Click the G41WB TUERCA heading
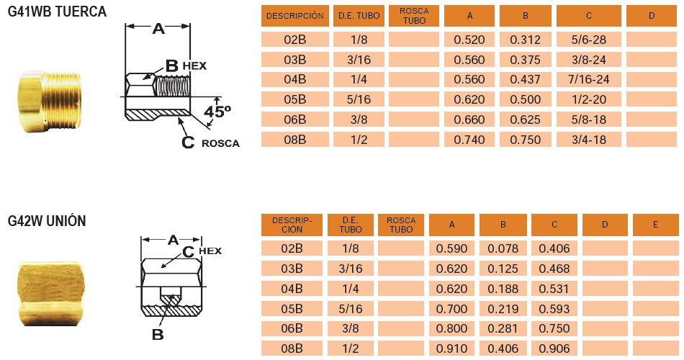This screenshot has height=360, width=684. point(57,12)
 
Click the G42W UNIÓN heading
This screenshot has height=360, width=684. point(47,221)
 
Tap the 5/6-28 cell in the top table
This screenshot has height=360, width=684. point(588,40)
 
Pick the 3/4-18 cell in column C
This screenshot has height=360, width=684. point(588,140)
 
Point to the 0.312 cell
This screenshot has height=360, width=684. point(525,40)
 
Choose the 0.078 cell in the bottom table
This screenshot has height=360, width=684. point(503,249)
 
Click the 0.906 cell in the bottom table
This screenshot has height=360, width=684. point(554,348)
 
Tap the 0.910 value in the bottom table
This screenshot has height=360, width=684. point(451,348)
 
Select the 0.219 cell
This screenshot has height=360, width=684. point(503,309)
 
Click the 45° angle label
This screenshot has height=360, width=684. point(217,112)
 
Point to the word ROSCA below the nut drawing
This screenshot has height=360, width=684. point(220,143)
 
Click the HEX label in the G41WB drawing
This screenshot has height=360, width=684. point(194,66)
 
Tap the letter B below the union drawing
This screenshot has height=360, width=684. point(158,335)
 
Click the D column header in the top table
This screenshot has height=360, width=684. point(652,16)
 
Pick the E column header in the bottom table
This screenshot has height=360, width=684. point(655,225)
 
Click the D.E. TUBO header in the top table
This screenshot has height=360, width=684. point(359,16)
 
